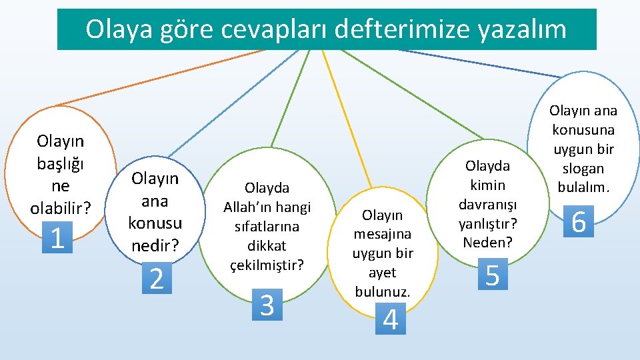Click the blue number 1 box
click(58, 237)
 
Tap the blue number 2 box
click(157, 278)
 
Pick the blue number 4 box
click(391, 319)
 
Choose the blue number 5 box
click(493, 274)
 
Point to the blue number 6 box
click(579, 221)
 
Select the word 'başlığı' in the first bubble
click(61, 163)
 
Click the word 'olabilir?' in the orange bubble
click(61, 207)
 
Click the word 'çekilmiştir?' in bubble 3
click(267, 265)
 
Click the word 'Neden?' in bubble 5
click(488, 242)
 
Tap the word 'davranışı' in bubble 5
click(487, 204)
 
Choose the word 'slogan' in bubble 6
click(583, 168)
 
